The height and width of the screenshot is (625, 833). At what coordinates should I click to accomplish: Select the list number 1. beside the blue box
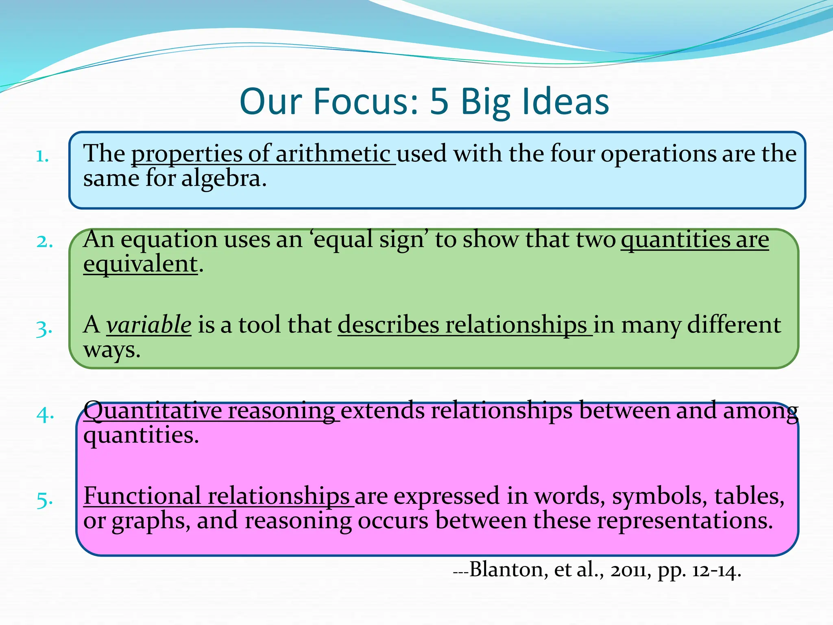tap(42, 156)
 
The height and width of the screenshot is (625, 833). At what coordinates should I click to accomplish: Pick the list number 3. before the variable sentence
tap(44, 329)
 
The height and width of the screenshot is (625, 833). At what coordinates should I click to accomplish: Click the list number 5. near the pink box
tap(44, 500)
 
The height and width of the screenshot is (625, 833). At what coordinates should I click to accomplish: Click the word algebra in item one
tap(224, 179)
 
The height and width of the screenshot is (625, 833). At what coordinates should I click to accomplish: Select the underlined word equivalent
tap(140, 264)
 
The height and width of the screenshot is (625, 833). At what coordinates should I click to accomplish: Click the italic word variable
tap(149, 325)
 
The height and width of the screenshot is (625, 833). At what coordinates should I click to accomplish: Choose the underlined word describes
tap(388, 325)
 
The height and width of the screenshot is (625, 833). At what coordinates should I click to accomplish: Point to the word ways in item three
tap(111, 350)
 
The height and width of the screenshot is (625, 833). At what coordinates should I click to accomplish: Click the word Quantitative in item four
tap(153, 411)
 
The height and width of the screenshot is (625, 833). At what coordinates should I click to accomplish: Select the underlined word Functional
tap(142, 496)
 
